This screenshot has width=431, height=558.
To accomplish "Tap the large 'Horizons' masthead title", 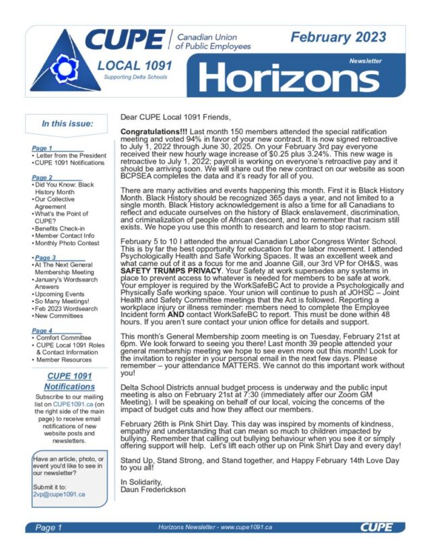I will (290, 79).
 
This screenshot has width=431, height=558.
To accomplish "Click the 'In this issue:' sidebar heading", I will (67, 123).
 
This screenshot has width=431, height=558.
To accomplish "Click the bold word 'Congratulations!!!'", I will (152, 130).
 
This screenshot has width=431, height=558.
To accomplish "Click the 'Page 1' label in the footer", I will (48, 528).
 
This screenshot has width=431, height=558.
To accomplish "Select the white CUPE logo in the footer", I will (376, 528).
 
